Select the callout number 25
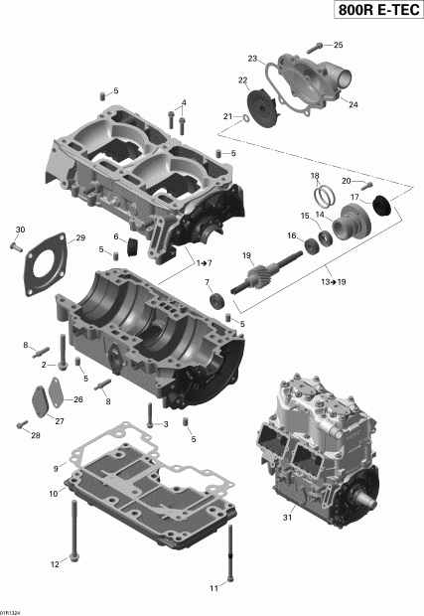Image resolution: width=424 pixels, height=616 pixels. pos(338,46)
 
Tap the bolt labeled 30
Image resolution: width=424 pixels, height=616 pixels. pos(19,247)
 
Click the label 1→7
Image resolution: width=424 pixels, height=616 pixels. pos(204,262)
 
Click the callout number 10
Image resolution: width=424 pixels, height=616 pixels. pos(52,493)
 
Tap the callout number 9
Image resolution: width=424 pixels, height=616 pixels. pos(57,468)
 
